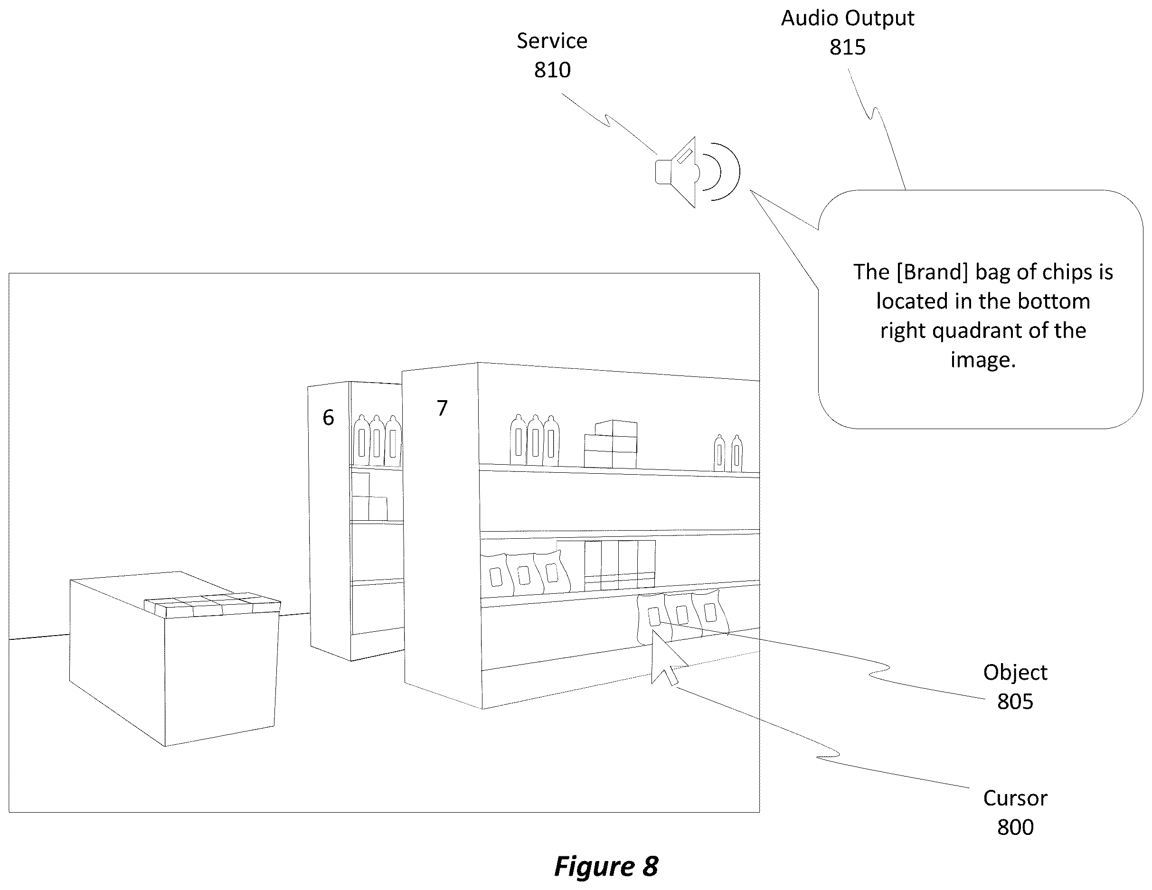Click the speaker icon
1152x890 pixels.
[x=697, y=172]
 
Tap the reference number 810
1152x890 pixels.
[x=552, y=70]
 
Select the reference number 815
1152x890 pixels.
[x=848, y=47]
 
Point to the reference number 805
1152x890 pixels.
[x=1015, y=702]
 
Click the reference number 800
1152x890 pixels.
[x=1015, y=827]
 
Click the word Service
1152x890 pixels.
[x=552, y=41]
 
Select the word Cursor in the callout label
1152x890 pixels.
[x=1015, y=798]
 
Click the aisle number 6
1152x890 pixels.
[x=328, y=418]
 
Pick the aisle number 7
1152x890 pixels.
[x=442, y=408]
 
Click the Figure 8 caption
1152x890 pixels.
[x=606, y=866]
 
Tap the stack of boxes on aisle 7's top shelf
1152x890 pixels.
[x=610, y=443]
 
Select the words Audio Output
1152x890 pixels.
[x=848, y=19]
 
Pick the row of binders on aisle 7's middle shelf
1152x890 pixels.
[x=620, y=564]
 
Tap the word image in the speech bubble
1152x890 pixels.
[x=982, y=360]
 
